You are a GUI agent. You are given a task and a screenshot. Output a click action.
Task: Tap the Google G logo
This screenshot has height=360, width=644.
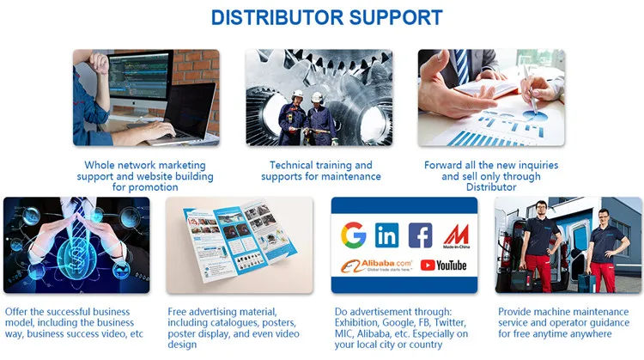(x=353, y=235)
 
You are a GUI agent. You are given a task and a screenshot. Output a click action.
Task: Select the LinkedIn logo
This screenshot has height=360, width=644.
(x=387, y=235)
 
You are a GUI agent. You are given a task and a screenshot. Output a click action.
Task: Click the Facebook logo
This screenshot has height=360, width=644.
(x=420, y=235)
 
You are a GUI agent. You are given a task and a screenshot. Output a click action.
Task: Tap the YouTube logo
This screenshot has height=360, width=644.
(x=444, y=265)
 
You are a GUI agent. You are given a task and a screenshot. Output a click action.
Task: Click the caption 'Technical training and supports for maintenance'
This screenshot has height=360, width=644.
(x=321, y=171)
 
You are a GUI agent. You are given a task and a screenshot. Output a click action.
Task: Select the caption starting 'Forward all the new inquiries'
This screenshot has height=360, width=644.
(x=491, y=176)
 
